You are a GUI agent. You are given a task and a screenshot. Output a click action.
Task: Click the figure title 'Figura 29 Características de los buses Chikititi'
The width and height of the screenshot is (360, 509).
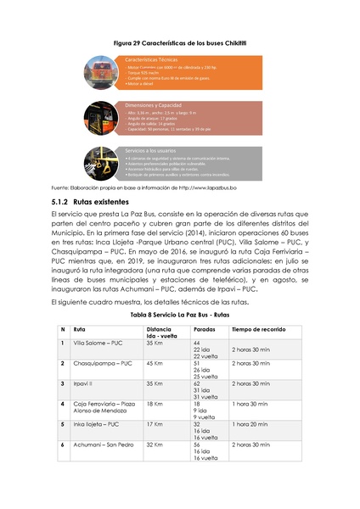tap(179, 41)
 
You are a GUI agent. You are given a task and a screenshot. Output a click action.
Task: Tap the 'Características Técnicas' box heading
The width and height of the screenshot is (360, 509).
tap(153, 62)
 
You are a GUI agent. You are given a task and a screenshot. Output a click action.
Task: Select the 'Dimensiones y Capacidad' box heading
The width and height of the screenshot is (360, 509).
tap(156, 104)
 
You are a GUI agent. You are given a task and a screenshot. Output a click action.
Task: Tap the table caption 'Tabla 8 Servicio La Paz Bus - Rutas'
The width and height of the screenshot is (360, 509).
tap(179, 313)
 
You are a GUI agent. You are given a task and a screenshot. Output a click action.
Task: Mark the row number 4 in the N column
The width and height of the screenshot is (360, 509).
tap(62, 403)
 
